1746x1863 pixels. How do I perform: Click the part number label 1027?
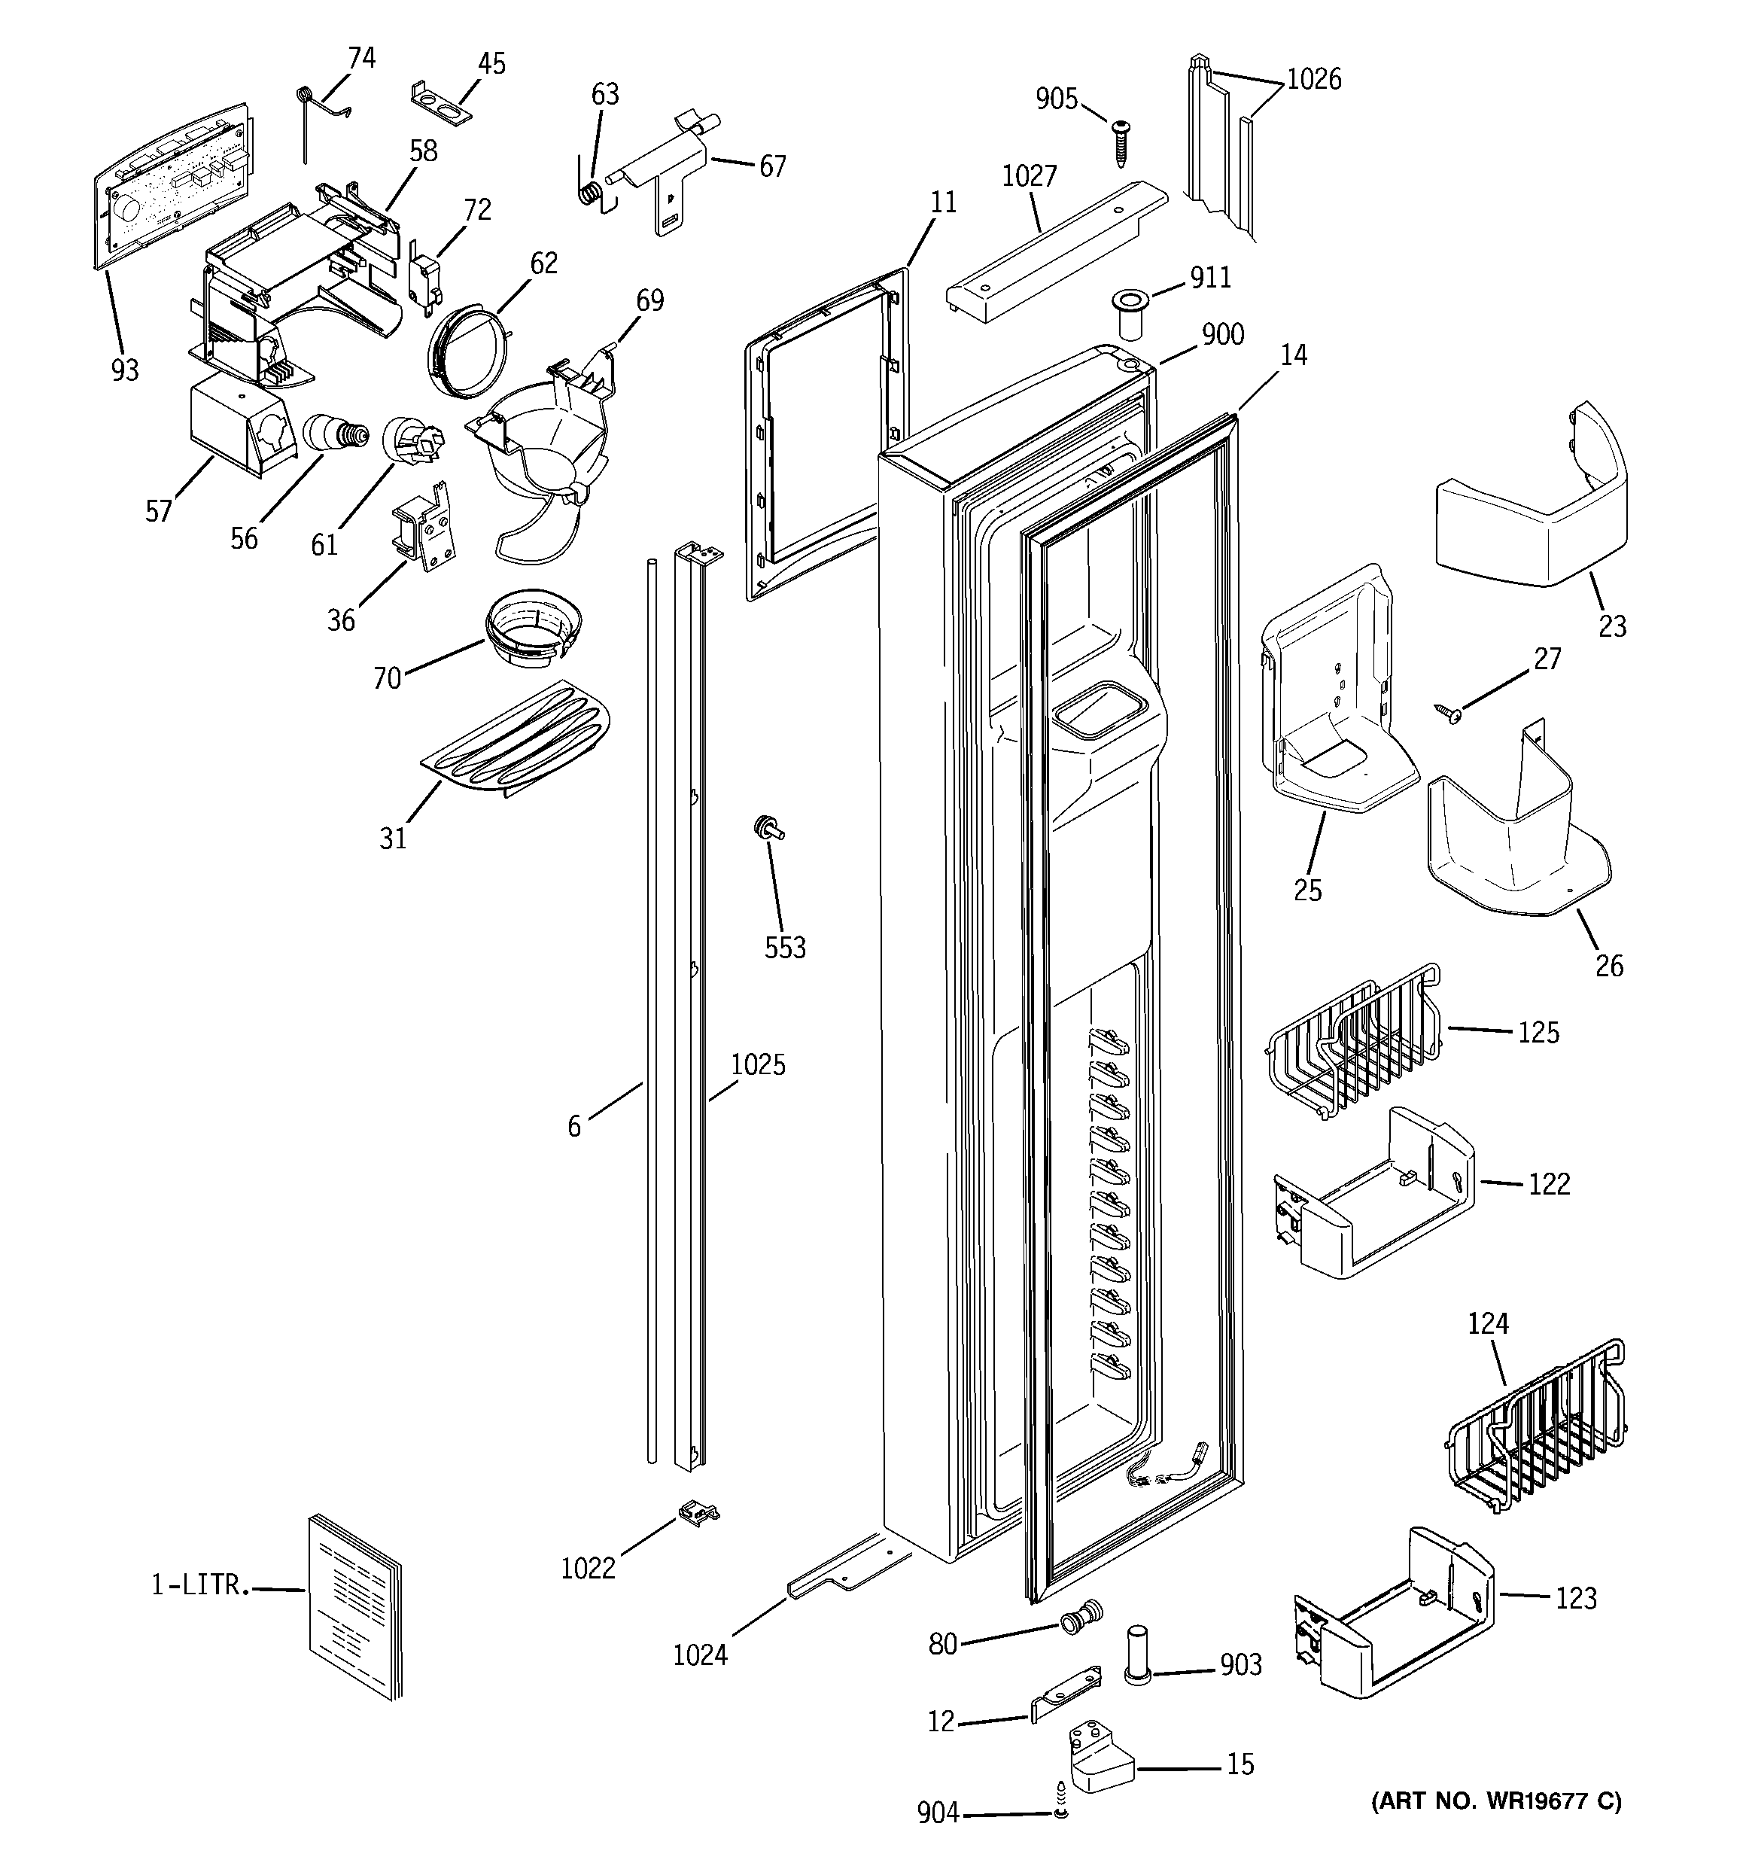click(1029, 176)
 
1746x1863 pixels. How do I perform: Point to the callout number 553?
click(784, 948)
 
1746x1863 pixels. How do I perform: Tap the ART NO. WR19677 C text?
click(1496, 1801)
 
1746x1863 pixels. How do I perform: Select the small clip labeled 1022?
click(696, 1511)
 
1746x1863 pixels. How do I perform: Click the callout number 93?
click(125, 371)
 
